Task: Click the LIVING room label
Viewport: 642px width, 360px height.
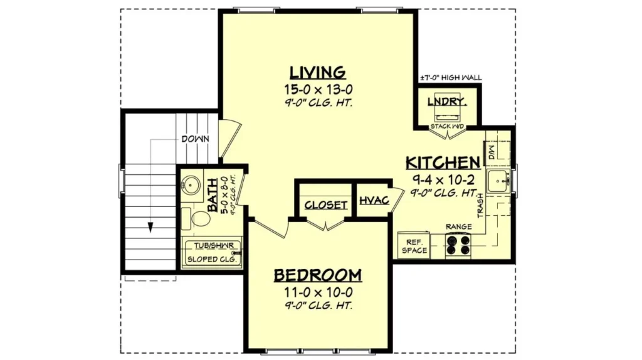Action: pos(318,73)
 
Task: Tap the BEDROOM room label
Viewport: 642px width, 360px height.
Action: pos(318,275)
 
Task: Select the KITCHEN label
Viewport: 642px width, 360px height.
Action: pos(443,162)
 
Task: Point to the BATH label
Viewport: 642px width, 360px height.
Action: pos(212,194)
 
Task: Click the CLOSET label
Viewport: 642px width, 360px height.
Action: pos(326,205)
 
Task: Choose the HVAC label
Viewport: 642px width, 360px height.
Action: pos(374,200)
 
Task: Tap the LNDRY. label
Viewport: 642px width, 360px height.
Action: pos(447,101)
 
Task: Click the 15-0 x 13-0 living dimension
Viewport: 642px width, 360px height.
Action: pos(318,90)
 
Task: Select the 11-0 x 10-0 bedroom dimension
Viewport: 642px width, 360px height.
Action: pos(318,292)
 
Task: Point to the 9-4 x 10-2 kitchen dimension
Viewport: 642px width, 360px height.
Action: pos(443,179)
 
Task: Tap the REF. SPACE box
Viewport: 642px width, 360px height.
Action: pos(414,246)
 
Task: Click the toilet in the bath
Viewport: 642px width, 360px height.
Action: pos(196,219)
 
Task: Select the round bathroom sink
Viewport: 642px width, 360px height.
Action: pos(191,185)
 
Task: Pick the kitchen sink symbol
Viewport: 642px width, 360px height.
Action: pos(498,181)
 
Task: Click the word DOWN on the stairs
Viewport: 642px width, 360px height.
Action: pos(196,139)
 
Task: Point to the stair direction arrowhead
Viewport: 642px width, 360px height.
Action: pos(150,227)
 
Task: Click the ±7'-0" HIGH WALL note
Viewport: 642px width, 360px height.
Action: pos(451,77)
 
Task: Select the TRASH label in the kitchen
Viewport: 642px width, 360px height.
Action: pos(480,206)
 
